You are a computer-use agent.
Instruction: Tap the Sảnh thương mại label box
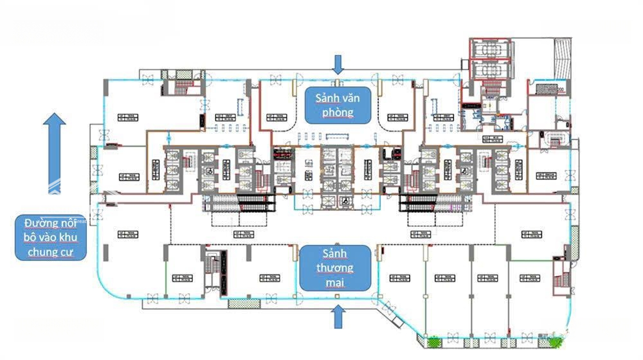point(334,267)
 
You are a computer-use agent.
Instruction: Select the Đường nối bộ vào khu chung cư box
point(50,237)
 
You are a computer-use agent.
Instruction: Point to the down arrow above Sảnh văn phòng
point(338,64)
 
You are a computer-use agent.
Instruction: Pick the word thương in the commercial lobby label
point(334,267)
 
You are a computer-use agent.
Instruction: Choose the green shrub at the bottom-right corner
point(554,341)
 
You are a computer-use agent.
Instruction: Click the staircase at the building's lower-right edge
point(560,277)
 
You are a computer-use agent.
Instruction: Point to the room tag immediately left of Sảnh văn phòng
point(273,117)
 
